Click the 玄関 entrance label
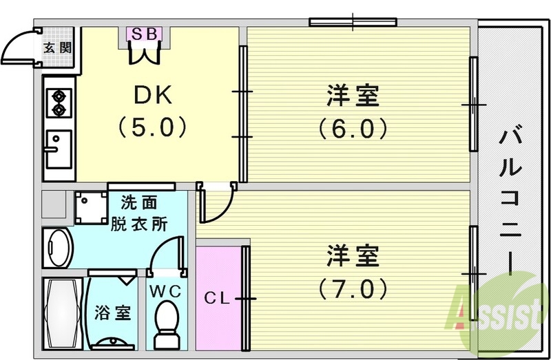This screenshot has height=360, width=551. pos(56,47)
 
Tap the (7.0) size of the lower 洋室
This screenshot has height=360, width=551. pos(353,288)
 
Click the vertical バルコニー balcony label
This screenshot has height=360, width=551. pos(511,200)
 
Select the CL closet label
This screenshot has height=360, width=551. pos(216,299)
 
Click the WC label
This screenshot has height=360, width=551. pos(166,291)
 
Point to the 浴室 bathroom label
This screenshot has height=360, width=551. pos(114,313)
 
